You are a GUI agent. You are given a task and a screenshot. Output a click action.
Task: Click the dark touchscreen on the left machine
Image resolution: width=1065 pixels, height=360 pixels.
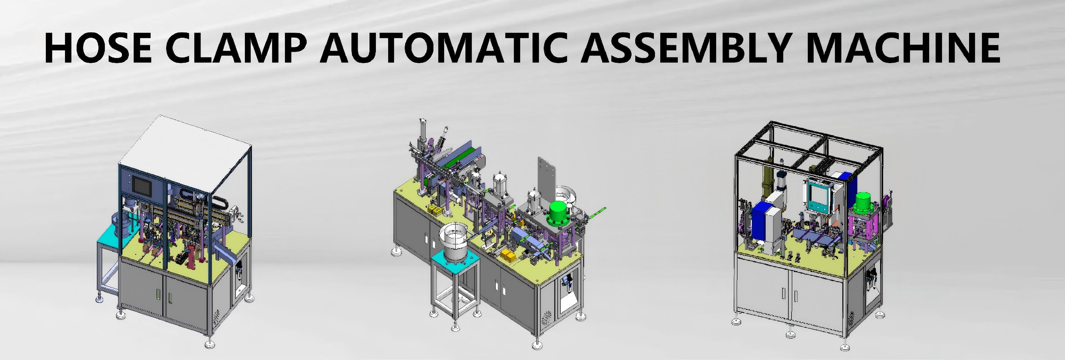point(142,184)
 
